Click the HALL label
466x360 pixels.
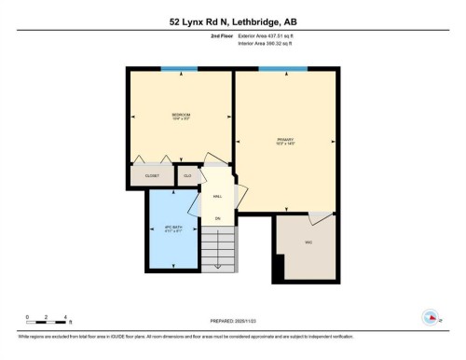click(217, 197)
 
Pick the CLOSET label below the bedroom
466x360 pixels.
click(152, 174)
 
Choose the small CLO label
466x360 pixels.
click(187, 174)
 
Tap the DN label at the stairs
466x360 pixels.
click(217, 218)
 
